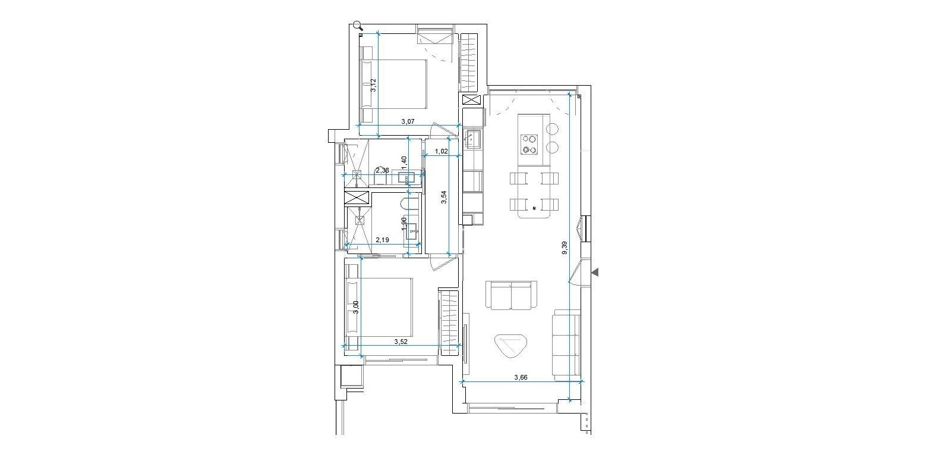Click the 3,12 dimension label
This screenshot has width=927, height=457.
373,86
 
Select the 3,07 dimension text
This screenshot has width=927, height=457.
408,121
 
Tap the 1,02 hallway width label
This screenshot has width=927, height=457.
442,152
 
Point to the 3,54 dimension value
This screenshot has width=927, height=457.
443,198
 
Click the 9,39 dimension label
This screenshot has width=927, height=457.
565,248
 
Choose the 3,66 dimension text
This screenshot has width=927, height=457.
521,377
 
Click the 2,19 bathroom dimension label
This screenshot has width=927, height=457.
383,240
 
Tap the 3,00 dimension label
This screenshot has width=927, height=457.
356,308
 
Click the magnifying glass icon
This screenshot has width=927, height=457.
358,26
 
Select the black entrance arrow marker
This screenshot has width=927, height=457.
595,272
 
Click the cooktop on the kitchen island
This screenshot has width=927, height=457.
529,143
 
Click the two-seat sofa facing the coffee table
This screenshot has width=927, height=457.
511,295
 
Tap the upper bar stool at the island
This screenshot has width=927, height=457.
553,129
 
